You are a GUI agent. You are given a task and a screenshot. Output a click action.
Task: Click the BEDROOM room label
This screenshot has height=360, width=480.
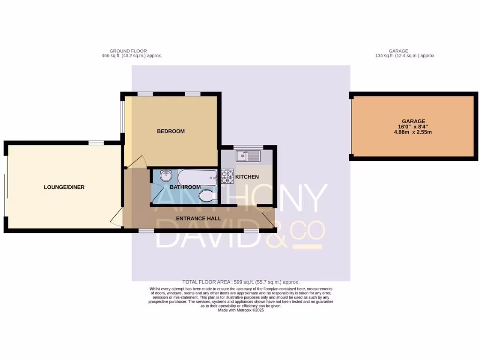(x=171, y=131)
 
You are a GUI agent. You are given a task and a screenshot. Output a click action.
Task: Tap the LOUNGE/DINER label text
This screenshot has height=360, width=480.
(x=64, y=187)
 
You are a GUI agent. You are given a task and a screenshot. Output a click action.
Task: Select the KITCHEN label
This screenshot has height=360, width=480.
(x=247, y=177)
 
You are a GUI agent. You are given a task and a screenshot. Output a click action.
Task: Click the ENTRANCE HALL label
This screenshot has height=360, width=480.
(x=198, y=218)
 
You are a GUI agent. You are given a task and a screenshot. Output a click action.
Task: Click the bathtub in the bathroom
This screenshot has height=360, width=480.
(x=197, y=177)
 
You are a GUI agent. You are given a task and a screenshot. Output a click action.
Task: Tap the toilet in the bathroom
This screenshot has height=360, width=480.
(x=208, y=195)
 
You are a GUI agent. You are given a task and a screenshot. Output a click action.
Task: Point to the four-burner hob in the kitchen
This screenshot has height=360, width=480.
(x=227, y=176)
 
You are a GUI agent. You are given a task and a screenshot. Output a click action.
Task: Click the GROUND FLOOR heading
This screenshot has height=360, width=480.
(x=128, y=51)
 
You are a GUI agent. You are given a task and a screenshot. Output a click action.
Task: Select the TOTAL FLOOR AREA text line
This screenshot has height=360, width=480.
(x=241, y=282)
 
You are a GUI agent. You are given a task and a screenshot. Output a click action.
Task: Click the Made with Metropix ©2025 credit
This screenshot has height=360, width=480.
(x=241, y=310)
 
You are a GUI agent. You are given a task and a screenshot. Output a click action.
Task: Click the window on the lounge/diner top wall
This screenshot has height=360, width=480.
(x=96, y=142)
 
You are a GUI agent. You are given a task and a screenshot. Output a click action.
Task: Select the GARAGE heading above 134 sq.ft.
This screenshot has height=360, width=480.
(x=398, y=51)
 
